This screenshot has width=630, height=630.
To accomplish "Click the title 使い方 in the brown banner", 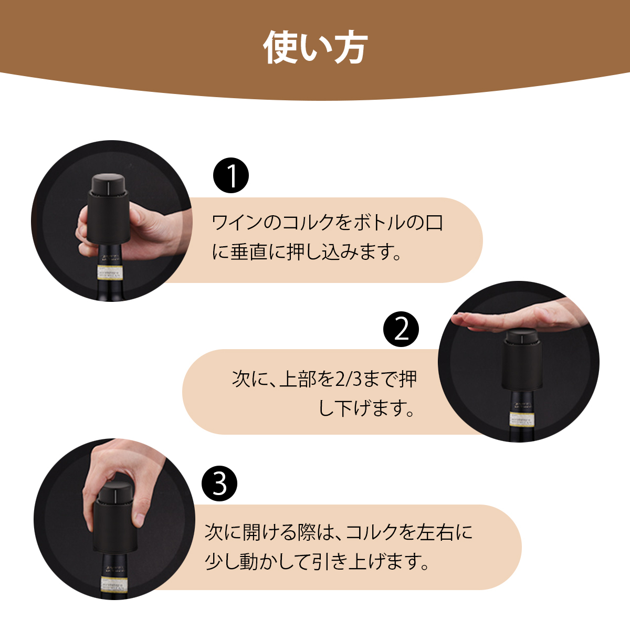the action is coord(316,48).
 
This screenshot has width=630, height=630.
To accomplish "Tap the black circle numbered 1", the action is coord(231,175).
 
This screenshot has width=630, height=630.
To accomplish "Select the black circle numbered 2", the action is coord(401,329).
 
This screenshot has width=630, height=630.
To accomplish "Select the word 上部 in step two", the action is coord(293,379).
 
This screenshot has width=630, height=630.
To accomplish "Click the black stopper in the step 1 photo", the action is coord(108,208).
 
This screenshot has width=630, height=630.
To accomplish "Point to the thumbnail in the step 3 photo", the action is coord(140,519).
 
